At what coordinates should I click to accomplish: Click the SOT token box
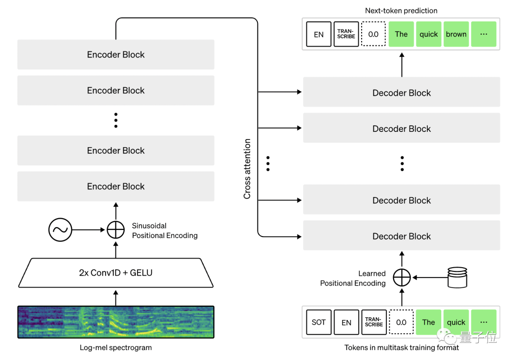click(318, 322)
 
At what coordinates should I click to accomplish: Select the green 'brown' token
click(456, 34)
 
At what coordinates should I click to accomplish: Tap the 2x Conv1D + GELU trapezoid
click(116, 273)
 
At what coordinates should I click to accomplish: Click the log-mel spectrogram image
click(116, 322)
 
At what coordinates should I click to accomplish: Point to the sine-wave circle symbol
click(60, 230)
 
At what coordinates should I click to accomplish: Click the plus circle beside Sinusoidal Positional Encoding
click(116, 230)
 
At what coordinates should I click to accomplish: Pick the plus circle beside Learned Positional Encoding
click(402, 277)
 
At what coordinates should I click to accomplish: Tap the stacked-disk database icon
click(457, 277)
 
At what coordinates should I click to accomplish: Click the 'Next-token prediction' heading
click(401, 10)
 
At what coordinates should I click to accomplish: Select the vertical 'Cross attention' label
click(247, 169)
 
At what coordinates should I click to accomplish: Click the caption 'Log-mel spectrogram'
click(116, 348)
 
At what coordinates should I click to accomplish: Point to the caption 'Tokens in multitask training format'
click(402, 348)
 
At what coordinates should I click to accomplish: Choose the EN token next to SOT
click(346, 322)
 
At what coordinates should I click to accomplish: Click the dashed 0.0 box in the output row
click(373, 34)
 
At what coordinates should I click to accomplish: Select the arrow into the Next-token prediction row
click(402, 64)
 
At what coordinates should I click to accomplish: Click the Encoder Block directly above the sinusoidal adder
click(116, 186)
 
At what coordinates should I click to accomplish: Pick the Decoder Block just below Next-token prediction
click(402, 93)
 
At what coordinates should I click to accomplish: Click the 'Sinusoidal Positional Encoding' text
click(164, 230)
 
